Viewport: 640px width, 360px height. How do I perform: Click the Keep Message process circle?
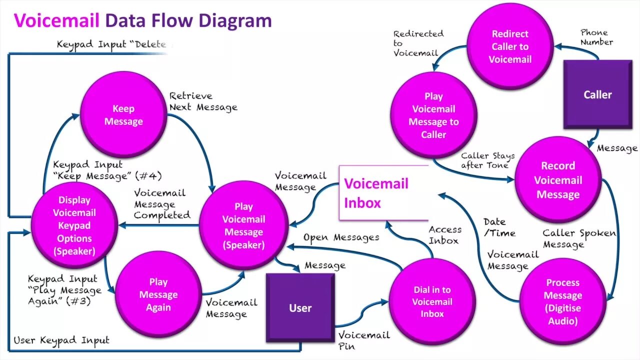coord(123,115)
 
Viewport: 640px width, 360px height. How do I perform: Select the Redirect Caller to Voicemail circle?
coord(510,46)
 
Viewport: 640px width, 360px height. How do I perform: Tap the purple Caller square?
coord(597,94)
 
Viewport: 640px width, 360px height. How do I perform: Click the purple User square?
coord(300,307)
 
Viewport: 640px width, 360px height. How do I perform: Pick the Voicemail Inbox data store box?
coord(383,193)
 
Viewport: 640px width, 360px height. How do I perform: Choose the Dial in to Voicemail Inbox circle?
coord(432,301)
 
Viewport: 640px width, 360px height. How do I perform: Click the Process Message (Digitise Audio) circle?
coord(562,301)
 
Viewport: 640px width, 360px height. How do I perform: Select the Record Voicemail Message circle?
coord(557,180)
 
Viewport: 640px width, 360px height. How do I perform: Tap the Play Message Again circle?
coord(158,295)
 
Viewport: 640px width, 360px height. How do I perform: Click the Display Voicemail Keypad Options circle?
coord(74,225)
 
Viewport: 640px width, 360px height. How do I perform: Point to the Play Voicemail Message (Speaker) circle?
coord(243,225)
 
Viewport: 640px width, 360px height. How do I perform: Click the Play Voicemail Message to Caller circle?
coord(433,115)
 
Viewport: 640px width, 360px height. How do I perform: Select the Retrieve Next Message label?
coord(202,101)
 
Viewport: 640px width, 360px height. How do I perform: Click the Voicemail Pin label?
coord(363,340)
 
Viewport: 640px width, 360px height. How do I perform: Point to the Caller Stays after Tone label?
coord(487,160)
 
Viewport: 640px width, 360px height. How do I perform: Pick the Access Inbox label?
coord(444,235)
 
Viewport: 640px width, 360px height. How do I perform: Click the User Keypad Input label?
coord(61,340)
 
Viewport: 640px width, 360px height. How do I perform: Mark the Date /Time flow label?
coord(498,227)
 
